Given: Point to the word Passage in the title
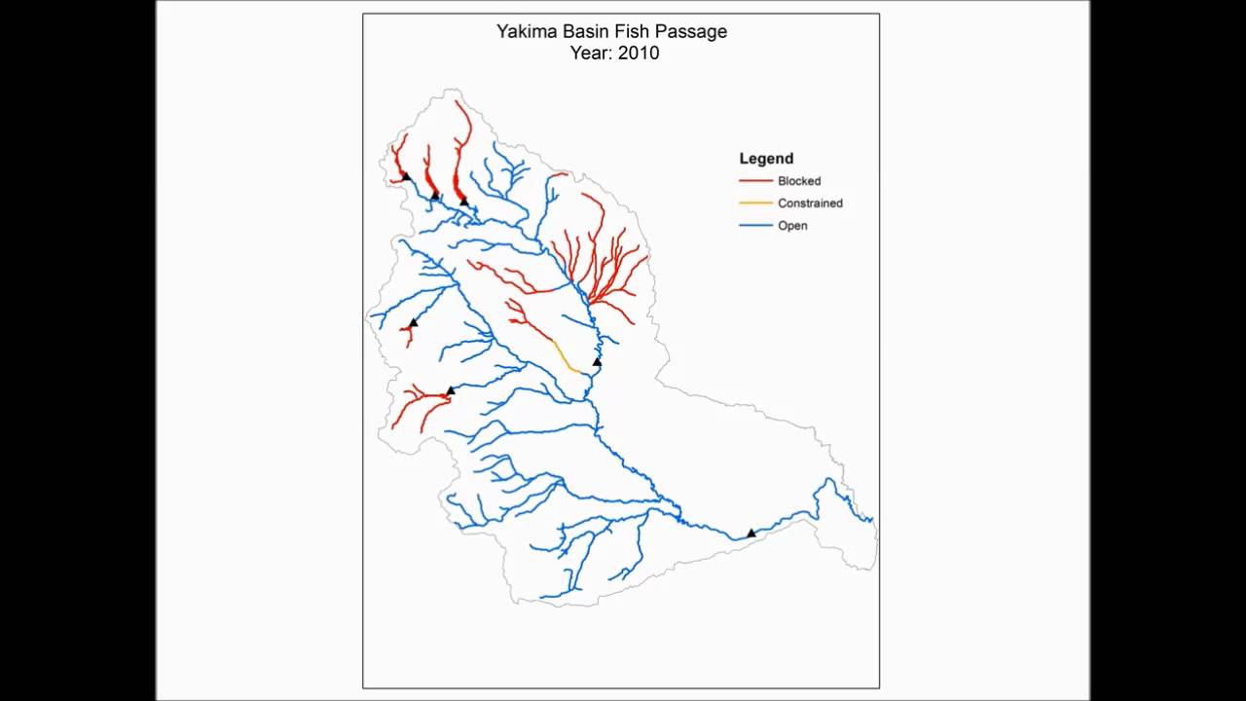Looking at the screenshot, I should tap(692, 32).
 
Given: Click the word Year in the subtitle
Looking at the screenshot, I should tap(590, 54).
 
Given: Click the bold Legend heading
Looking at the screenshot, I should tap(766, 159).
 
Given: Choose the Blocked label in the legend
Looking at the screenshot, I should tap(799, 181).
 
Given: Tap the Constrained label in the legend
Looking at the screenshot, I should tap(810, 203).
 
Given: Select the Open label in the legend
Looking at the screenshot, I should tap(792, 226).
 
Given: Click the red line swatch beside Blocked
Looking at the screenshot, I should tap(755, 181).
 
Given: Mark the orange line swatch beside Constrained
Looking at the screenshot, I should tap(755, 203).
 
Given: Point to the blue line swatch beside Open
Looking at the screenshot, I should tap(755, 226).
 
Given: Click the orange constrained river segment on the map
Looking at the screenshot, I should tap(565, 356).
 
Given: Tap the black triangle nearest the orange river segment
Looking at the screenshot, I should tap(598, 362).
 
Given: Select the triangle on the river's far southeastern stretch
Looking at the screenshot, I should tap(751, 533).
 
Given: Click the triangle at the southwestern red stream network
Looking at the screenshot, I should tap(450, 391).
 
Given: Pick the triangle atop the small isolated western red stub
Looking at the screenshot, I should tap(413, 322).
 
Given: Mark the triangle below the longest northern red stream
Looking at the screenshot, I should tap(463, 202).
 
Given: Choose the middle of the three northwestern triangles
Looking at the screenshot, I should tap(435, 195).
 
